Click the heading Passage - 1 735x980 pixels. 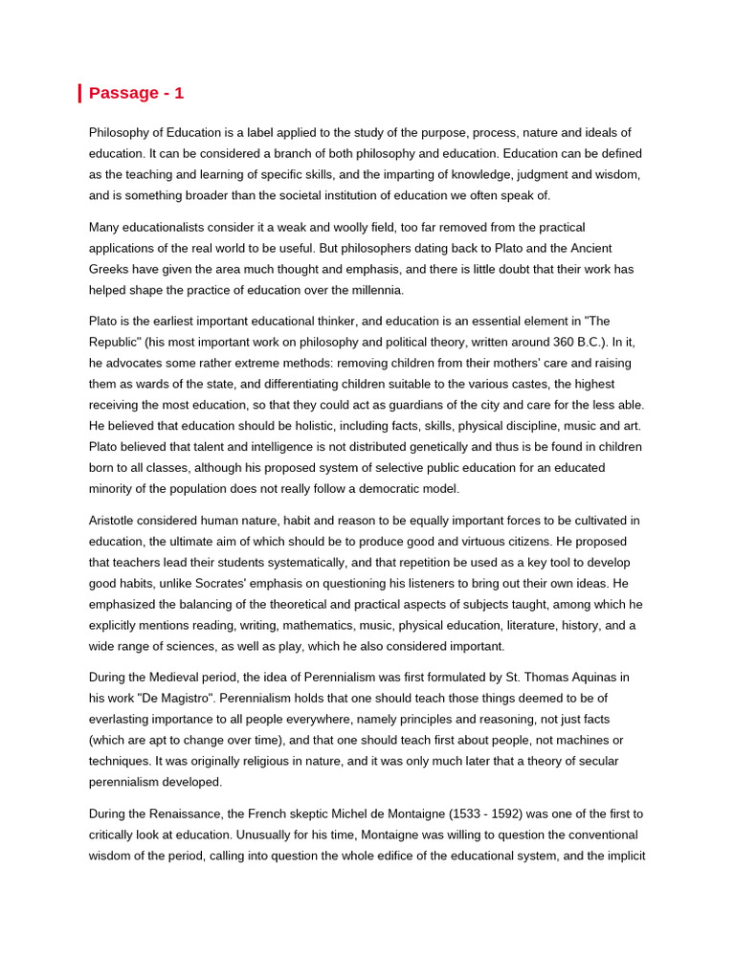click(136, 93)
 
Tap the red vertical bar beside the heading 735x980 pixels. click(79, 93)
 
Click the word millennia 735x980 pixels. click(374, 290)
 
